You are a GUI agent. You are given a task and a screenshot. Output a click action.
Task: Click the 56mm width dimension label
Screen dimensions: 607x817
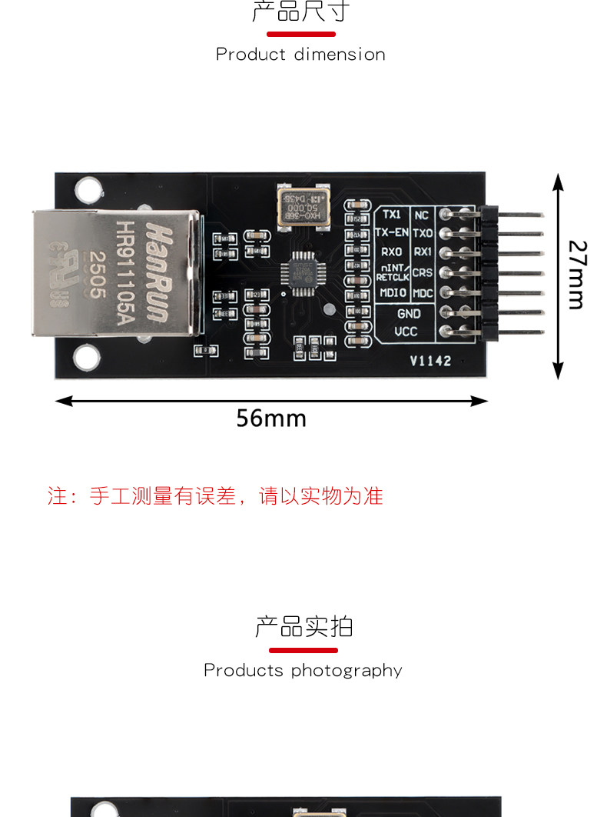[x=270, y=418]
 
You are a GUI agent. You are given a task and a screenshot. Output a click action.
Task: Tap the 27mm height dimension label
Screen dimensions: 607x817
[x=577, y=274]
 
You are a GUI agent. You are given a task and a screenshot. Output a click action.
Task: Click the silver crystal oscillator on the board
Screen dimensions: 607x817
[x=303, y=206]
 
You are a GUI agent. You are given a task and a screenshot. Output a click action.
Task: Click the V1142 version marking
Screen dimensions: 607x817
[x=430, y=361]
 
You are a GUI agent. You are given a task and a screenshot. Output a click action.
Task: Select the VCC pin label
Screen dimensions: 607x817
[x=406, y=332]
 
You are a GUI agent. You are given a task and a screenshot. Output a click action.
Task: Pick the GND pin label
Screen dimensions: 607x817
[x=408, y=313]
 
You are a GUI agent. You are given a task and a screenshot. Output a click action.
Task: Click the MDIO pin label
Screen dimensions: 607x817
[x=393, y=293]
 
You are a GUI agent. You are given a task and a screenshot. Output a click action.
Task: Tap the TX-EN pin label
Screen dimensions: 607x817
[x=392, y=232]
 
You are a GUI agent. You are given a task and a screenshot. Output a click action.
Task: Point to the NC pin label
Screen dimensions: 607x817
[x=422, y=215]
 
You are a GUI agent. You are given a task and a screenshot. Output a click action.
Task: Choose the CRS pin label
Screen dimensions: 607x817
[x=423, y=272]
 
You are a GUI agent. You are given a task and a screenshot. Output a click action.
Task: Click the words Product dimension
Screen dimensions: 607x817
[x=300, y=55]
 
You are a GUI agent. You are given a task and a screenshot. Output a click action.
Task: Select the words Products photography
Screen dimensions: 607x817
[x=303, y=670]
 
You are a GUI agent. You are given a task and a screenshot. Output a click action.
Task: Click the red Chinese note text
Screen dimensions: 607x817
[x=215, y=496]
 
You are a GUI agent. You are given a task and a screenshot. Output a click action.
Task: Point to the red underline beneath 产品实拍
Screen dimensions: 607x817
[x=303, y=650]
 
